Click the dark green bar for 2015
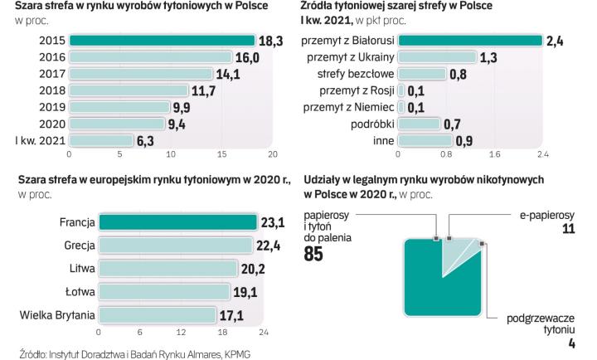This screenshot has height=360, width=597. coord(162,41)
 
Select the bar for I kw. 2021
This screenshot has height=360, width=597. coord(101,140)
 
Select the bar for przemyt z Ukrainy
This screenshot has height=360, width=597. coord(438,57)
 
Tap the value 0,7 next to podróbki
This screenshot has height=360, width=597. coord(453,124)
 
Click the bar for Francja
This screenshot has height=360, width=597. coord(177,222)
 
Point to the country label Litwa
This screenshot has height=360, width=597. coord(76,269)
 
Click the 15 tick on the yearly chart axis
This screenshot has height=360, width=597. coord(221,154)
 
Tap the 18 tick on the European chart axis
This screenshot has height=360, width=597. coord(222,332)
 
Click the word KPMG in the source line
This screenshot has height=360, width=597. coord(235,353)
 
